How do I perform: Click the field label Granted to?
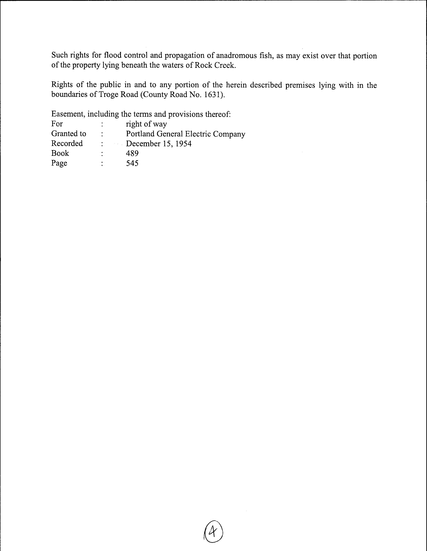pos(69,134)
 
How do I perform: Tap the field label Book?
pos(60,153)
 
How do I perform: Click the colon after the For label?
pos(102,124)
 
